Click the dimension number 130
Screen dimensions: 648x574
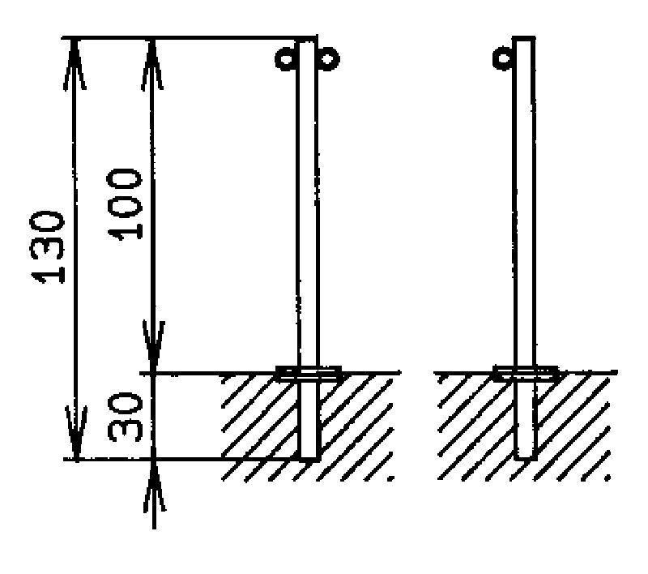pos(48,248)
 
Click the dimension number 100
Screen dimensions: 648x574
pos(125,203)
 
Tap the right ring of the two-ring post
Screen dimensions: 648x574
pos(329,58)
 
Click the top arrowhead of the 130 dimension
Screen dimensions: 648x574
pos(75,64)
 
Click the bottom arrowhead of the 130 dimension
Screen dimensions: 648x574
pos(76,433)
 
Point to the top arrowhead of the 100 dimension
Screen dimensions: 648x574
pos(152,64)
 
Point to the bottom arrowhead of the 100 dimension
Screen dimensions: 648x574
pos(154,346)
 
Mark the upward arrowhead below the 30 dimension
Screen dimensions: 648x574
pos(154,486)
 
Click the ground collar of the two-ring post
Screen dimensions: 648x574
pos(309,373)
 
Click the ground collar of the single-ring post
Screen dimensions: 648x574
pos(526,373)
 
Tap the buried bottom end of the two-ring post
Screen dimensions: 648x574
pos(309,458)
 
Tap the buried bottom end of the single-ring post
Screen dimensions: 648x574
pos(526,458)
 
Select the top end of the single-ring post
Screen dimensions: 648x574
pos(524,38)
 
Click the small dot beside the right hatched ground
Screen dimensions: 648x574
pos(607,478)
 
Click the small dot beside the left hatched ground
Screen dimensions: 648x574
pos(390,478)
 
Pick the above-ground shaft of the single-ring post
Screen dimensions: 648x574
pos(525,203)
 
